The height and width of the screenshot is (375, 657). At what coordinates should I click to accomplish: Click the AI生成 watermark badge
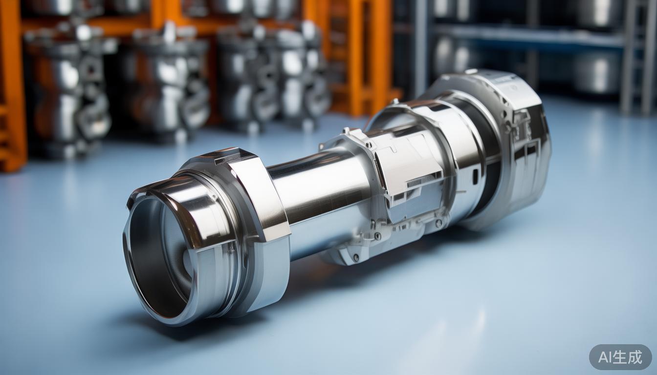620,357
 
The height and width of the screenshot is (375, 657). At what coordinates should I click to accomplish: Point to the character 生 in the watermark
621,357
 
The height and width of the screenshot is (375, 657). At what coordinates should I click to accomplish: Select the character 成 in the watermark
635,357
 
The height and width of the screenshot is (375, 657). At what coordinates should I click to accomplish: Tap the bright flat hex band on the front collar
261,199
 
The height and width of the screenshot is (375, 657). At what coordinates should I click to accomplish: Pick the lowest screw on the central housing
356,258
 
